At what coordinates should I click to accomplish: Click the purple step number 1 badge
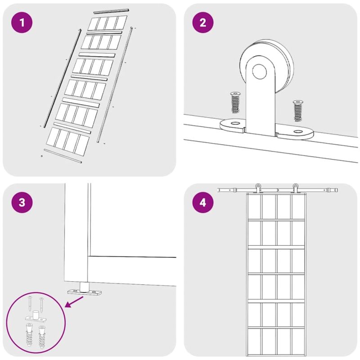pos(22,22)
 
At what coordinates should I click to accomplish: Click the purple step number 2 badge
pos(203,22)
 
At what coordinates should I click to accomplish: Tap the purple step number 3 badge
pos(22,202)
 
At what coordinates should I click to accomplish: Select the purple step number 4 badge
pos(203,202)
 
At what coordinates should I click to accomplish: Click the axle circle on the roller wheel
pos(260,72)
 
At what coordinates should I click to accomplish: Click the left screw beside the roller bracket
pos(235,102)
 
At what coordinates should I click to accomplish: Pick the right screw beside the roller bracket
pos(297,111)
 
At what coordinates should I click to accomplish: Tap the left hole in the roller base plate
pos(234,123)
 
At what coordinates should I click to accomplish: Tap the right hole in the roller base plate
pos(298,131)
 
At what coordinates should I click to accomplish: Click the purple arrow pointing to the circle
pos(74,301)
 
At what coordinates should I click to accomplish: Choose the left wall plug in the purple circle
pos(29,334)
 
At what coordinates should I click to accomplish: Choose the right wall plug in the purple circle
pos(42,337)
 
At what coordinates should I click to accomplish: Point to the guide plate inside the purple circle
pos(36,317)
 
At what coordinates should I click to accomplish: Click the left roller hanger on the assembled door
pos(258,188)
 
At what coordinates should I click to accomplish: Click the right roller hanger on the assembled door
pos(295,188)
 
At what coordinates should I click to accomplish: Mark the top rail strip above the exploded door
pos(111,11)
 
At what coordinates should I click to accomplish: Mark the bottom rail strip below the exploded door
pos(63,156)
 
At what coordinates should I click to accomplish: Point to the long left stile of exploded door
pos(62,78)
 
